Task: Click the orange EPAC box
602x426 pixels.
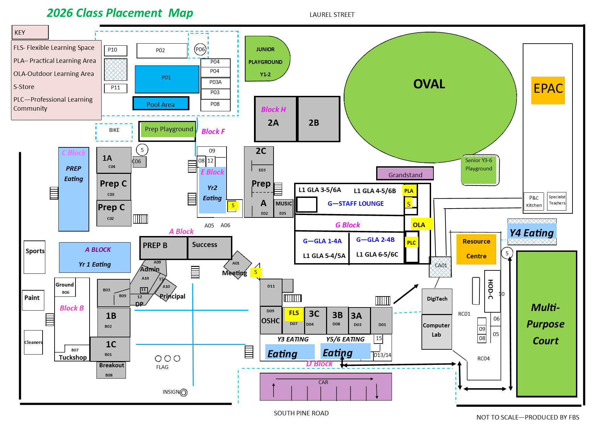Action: pos(548,90)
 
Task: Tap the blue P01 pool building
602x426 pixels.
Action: pos(167,79)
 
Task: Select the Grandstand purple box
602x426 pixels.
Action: pos(405,174)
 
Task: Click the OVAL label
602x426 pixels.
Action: pos(429,84)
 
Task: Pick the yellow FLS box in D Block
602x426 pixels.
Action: pos(294,313)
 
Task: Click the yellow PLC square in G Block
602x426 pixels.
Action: pos(411,243)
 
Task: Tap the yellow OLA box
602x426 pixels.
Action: pos(419,225)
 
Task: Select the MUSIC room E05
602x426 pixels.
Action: pos(283,208)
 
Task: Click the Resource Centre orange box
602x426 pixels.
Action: pos(476,249)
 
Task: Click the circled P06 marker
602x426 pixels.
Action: pos(200,49)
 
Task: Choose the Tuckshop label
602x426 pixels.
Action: pos(72,357)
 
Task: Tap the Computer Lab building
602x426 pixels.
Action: pos(436,331)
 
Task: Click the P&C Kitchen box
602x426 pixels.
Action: pos(534,202)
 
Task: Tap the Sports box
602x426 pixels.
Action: pos(35,257)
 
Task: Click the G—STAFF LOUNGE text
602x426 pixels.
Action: pos(356,204)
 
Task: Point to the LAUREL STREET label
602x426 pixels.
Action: pos(332,15)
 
